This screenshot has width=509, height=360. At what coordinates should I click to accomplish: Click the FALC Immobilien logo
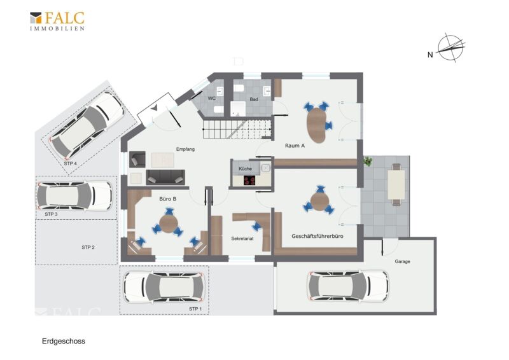tap(57, 21)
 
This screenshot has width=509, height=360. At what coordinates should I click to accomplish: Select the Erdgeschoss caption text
tap(64, 341)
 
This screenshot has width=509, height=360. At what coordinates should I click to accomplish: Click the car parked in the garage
tap(348, 286)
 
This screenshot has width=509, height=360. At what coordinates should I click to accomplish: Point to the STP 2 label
tap(88, 247)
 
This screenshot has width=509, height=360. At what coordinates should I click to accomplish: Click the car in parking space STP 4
tap(87, 124)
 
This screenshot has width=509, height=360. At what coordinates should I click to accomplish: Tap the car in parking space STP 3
tap(74, 196)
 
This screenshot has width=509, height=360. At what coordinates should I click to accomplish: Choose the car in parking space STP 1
tap(164, 287)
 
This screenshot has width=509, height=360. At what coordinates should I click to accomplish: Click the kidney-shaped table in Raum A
tap(316, 125)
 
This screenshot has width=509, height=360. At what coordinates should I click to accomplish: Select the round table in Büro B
tap(169, 224)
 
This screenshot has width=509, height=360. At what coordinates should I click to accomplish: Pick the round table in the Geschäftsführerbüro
tap(319, 201)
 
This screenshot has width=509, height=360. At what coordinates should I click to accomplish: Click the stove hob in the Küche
tap(249, 180)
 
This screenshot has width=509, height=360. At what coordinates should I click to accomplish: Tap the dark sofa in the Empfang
tap(165, 177)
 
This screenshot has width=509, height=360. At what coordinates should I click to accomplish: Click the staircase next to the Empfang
tap(237, 129)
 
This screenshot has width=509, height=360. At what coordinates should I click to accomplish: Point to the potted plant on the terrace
tap(368, 161)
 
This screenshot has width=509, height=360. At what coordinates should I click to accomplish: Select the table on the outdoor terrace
tap(396, 184)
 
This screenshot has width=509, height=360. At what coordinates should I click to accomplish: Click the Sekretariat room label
tap(242, 239)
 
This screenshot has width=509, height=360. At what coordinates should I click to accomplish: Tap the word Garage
tap(402, 261)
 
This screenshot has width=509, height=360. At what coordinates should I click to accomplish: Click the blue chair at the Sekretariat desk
tap(257, 226)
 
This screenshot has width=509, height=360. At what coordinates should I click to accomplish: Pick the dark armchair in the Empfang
tap(137, 159)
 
